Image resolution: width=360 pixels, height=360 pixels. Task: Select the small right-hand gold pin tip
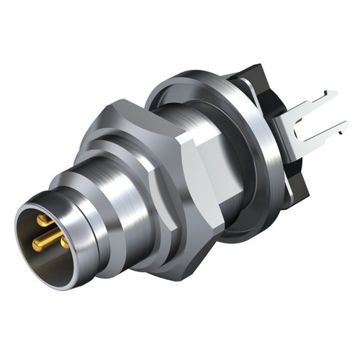[64, 243]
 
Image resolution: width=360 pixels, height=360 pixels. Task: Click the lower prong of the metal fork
[317, 135]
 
